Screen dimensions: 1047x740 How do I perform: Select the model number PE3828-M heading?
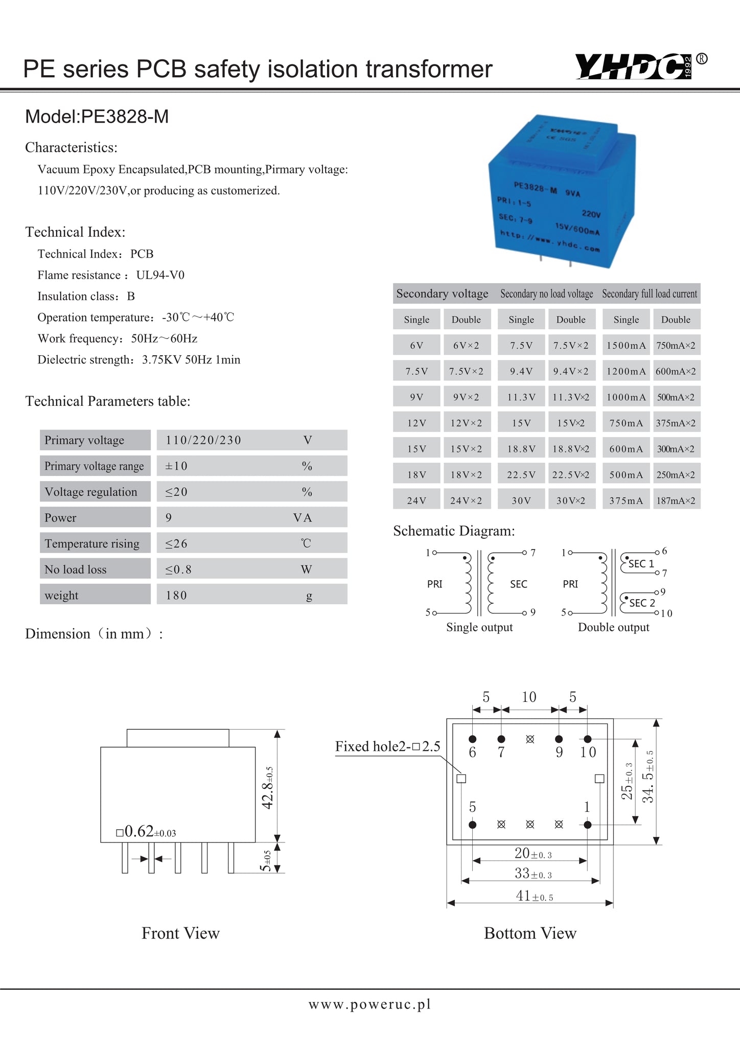[x=97, y=117]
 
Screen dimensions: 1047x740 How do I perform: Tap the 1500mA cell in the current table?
[x=626, y=346]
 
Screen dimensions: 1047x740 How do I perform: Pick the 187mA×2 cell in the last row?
[x=676, y=500]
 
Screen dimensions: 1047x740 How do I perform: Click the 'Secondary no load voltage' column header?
[x=546, y=294]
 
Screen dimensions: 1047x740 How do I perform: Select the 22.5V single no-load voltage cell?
[x=521, y=475]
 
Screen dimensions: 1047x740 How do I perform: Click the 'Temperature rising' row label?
[x=92, y=543]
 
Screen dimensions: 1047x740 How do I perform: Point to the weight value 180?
[x=176, y=595]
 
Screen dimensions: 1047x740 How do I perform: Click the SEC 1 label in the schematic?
[x=641, y=564]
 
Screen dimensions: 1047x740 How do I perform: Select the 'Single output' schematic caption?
[x=479, y=627]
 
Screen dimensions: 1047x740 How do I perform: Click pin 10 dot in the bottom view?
[x=588, y=739]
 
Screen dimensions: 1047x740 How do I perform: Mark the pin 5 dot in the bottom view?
[x=472, y=825]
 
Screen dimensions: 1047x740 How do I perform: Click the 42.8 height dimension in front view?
[x=268, y=788]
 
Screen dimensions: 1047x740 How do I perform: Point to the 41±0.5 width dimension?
[x=534, y=896]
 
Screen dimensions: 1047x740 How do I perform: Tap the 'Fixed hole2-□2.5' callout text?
[x=387, y=746]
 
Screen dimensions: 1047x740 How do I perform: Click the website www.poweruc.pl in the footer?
[x=369, y=1005]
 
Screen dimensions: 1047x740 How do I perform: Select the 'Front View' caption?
[x=180, y=933]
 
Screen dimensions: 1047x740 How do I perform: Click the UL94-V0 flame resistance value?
[x=160, y=275]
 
